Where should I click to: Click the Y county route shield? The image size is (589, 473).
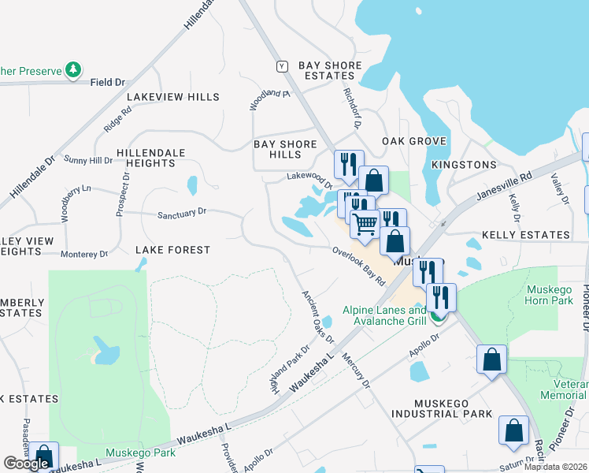(x=281, y=65)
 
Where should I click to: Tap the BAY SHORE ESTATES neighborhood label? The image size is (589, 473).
(x=330, y=71)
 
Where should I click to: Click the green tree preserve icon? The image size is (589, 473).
(x=73, y=70)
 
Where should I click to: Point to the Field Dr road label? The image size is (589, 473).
(x=108, y=82)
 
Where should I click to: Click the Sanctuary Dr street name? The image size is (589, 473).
(x=181, y=213)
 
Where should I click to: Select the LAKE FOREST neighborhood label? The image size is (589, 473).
(x=172, y=250)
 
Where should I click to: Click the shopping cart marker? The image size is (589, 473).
(x=364, y=224)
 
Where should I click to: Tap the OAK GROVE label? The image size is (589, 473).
(x=414, y=141)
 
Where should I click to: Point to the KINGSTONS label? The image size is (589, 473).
(x=465, y=165)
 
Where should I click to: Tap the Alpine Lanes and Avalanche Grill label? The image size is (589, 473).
(x=384, y=315)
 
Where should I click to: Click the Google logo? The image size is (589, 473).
(x=26, y=464)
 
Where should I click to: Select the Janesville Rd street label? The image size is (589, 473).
(x=505, y=187)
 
